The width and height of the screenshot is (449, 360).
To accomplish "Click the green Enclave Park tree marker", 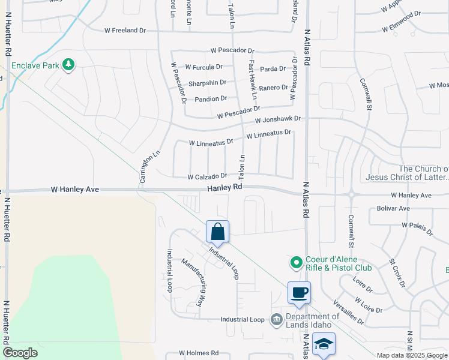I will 68,64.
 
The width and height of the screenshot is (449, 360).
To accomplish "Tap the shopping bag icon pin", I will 217,231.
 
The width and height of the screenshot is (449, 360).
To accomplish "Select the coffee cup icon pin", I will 299,293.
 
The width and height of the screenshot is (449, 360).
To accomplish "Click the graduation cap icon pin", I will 324,343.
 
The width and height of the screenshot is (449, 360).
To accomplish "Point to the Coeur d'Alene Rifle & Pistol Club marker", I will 295,263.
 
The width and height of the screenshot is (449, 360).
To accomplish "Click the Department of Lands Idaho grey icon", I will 276,319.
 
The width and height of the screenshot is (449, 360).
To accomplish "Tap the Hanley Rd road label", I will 225,187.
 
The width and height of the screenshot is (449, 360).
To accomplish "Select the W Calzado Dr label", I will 207,177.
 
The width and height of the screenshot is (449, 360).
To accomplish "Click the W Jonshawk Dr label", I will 277,120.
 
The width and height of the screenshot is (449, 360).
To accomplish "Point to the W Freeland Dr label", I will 125,30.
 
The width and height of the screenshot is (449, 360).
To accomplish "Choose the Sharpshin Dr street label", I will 207,83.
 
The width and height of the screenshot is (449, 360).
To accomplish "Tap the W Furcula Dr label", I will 204,67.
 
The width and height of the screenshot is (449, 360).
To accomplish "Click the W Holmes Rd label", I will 199,353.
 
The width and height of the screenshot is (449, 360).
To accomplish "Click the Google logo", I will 20,353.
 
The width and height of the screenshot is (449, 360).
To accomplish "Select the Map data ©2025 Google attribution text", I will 412,355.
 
